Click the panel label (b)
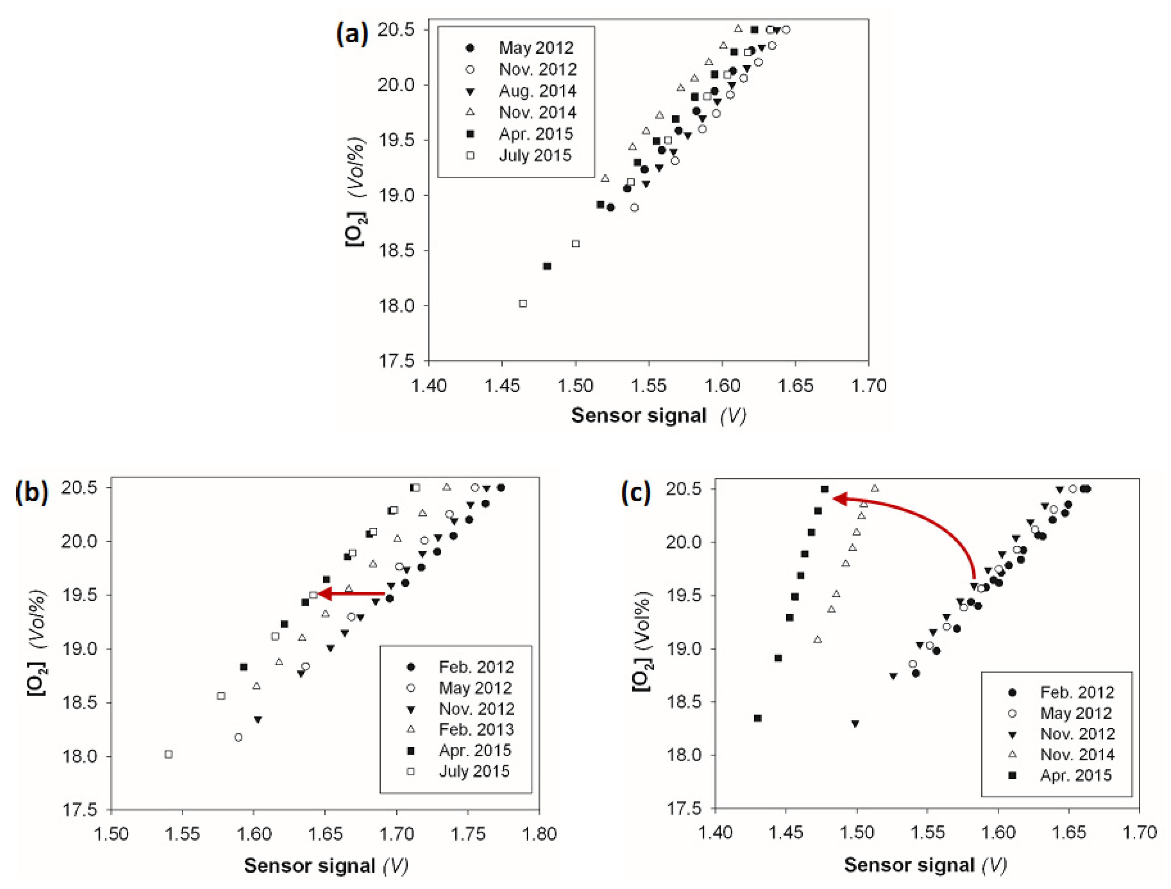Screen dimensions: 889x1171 tap(32, 492)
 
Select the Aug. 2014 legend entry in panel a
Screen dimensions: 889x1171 tap(537, 91)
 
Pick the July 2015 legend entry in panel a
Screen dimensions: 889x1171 tap(535, 156)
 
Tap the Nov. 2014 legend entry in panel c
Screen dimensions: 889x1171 tap(1077, 754)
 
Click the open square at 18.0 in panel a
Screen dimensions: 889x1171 tap(523, 304)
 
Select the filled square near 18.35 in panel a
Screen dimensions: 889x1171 tap(547, 266)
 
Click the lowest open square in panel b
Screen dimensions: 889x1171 tap(169, 754)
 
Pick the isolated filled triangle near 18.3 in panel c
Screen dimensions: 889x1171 tap(855, 724)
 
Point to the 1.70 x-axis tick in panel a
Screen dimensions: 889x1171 tap(868, 386)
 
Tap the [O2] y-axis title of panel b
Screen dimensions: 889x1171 tap(37, 643)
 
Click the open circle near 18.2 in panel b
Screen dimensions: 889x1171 tap(238, 737)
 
